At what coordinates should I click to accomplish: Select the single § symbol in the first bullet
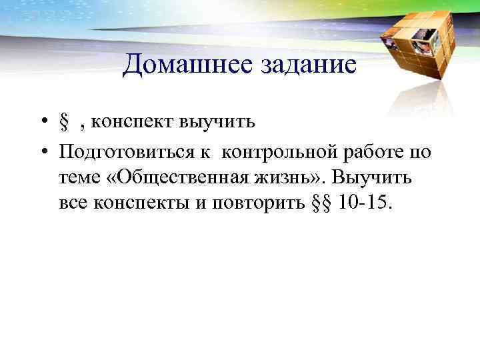point(65,123)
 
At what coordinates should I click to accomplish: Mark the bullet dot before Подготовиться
point(42,153)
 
